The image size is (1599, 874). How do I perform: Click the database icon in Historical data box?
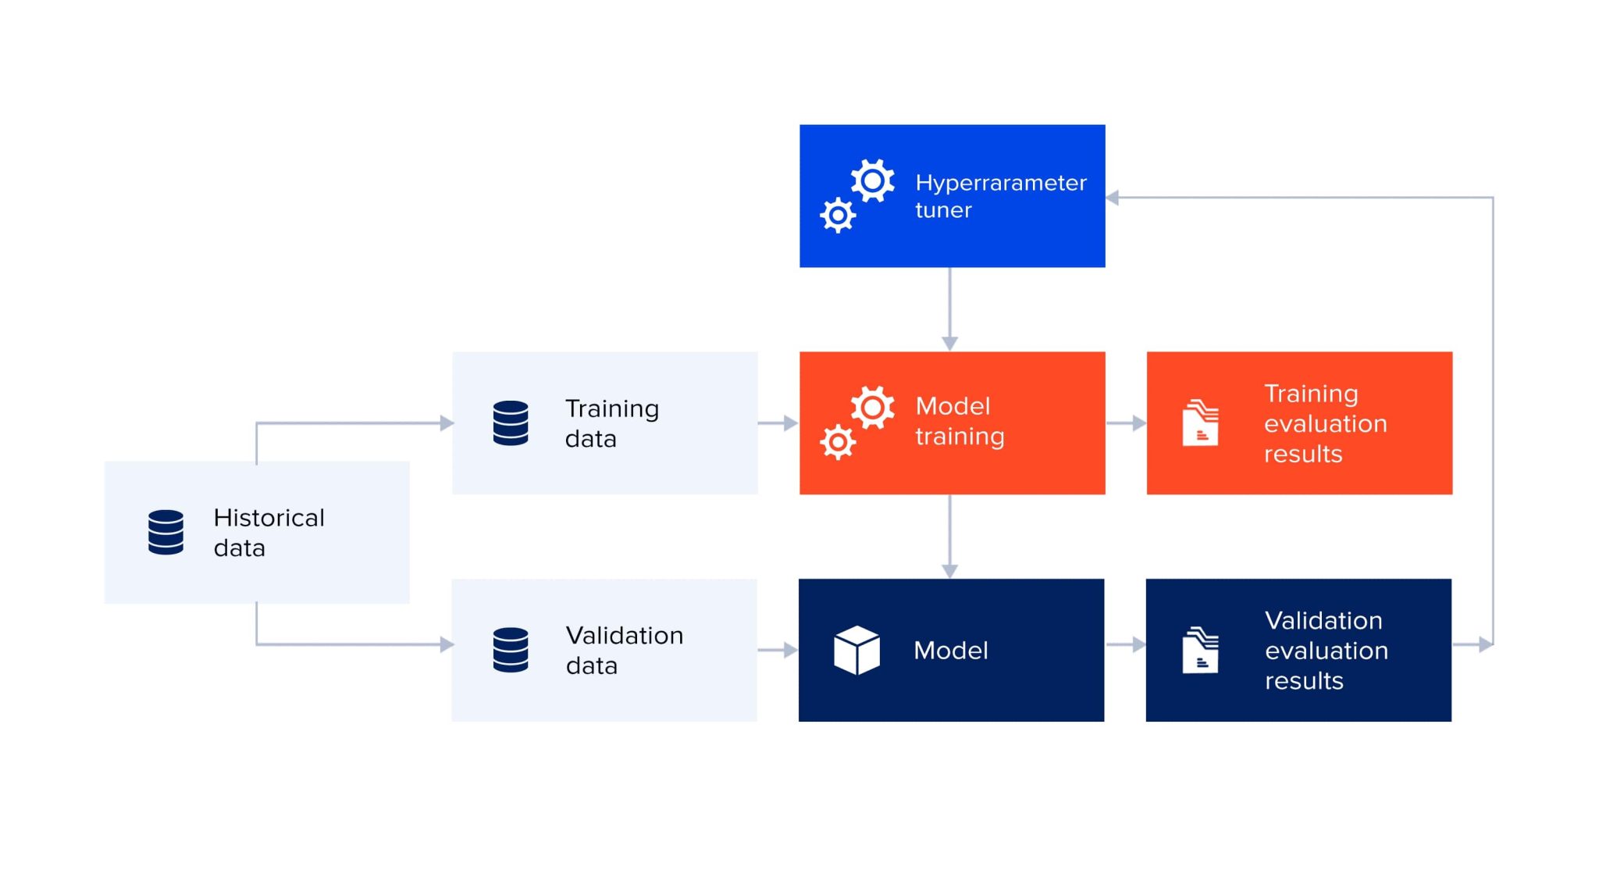(166, 532)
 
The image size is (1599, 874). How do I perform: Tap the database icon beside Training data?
(511, 423)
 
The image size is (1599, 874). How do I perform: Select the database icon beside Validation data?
(511, 650)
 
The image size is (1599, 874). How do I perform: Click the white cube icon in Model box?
(856, 650)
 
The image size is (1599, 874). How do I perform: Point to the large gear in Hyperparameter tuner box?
(872, 181)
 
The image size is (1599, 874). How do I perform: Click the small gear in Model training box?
(838, 442)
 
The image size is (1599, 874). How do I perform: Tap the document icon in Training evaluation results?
(1200, 423)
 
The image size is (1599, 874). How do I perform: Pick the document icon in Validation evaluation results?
(1200, 650)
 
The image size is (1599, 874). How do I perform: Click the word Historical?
(269, 518)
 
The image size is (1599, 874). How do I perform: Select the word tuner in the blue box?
(943, 210)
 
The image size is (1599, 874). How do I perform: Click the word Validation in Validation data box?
(624, 636)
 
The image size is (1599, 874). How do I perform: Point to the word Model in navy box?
(950, 650)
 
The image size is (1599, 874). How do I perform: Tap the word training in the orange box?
(960, 437)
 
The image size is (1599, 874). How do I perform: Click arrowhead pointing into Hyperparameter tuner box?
(1113, 198)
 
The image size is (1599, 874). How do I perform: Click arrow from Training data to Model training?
(778, 423)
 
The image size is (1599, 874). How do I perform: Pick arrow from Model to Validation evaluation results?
(1126, 644)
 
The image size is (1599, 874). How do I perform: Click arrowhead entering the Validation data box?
(447, 644)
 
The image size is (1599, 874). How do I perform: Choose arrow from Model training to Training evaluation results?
(1126, 423)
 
